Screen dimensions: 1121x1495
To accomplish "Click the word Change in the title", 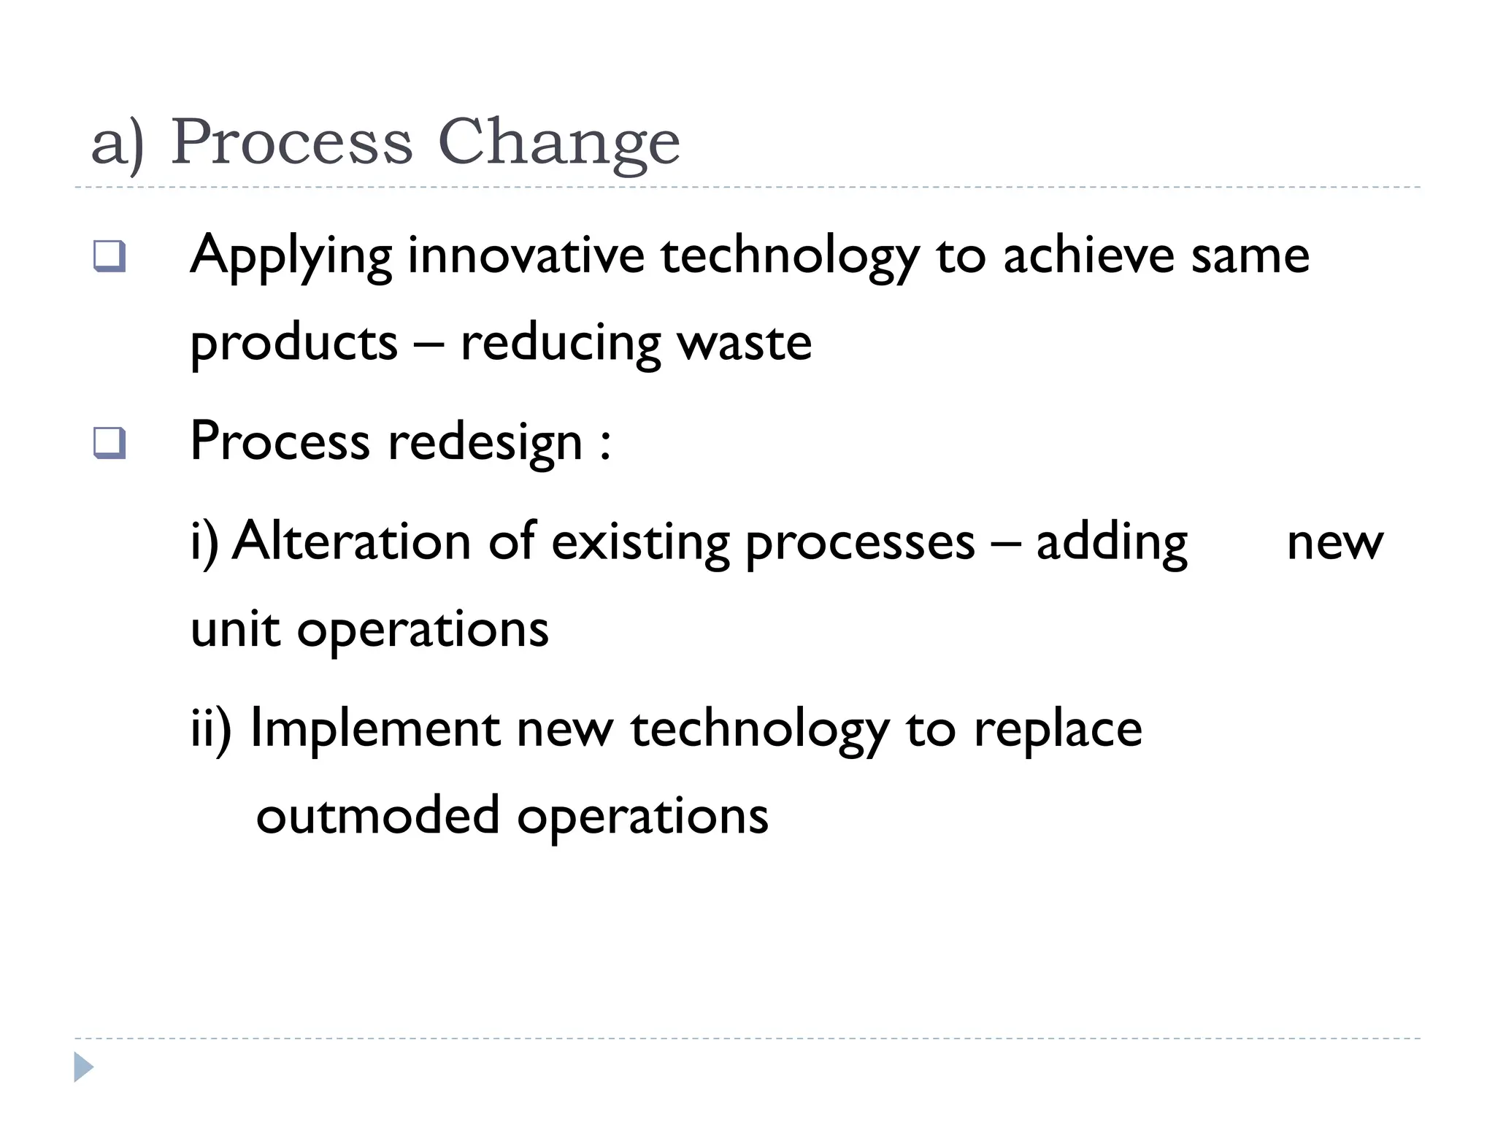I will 558,142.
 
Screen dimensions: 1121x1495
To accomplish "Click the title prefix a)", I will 118,142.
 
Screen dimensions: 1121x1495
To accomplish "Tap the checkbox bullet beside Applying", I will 109,256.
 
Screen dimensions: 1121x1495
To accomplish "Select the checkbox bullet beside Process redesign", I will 109,443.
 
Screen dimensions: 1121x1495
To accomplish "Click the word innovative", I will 526,256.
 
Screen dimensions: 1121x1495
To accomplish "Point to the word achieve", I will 1088,256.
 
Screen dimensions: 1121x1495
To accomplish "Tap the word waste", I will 744,343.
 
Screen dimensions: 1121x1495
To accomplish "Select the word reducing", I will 560,343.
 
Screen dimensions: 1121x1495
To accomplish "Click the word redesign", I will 485,443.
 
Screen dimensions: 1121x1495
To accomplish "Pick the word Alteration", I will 351,542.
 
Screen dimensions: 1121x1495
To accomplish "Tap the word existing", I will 640,542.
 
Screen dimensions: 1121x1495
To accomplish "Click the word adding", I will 1112,542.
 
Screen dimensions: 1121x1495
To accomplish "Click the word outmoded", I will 377,816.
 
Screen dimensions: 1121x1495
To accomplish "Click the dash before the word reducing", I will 428,343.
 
